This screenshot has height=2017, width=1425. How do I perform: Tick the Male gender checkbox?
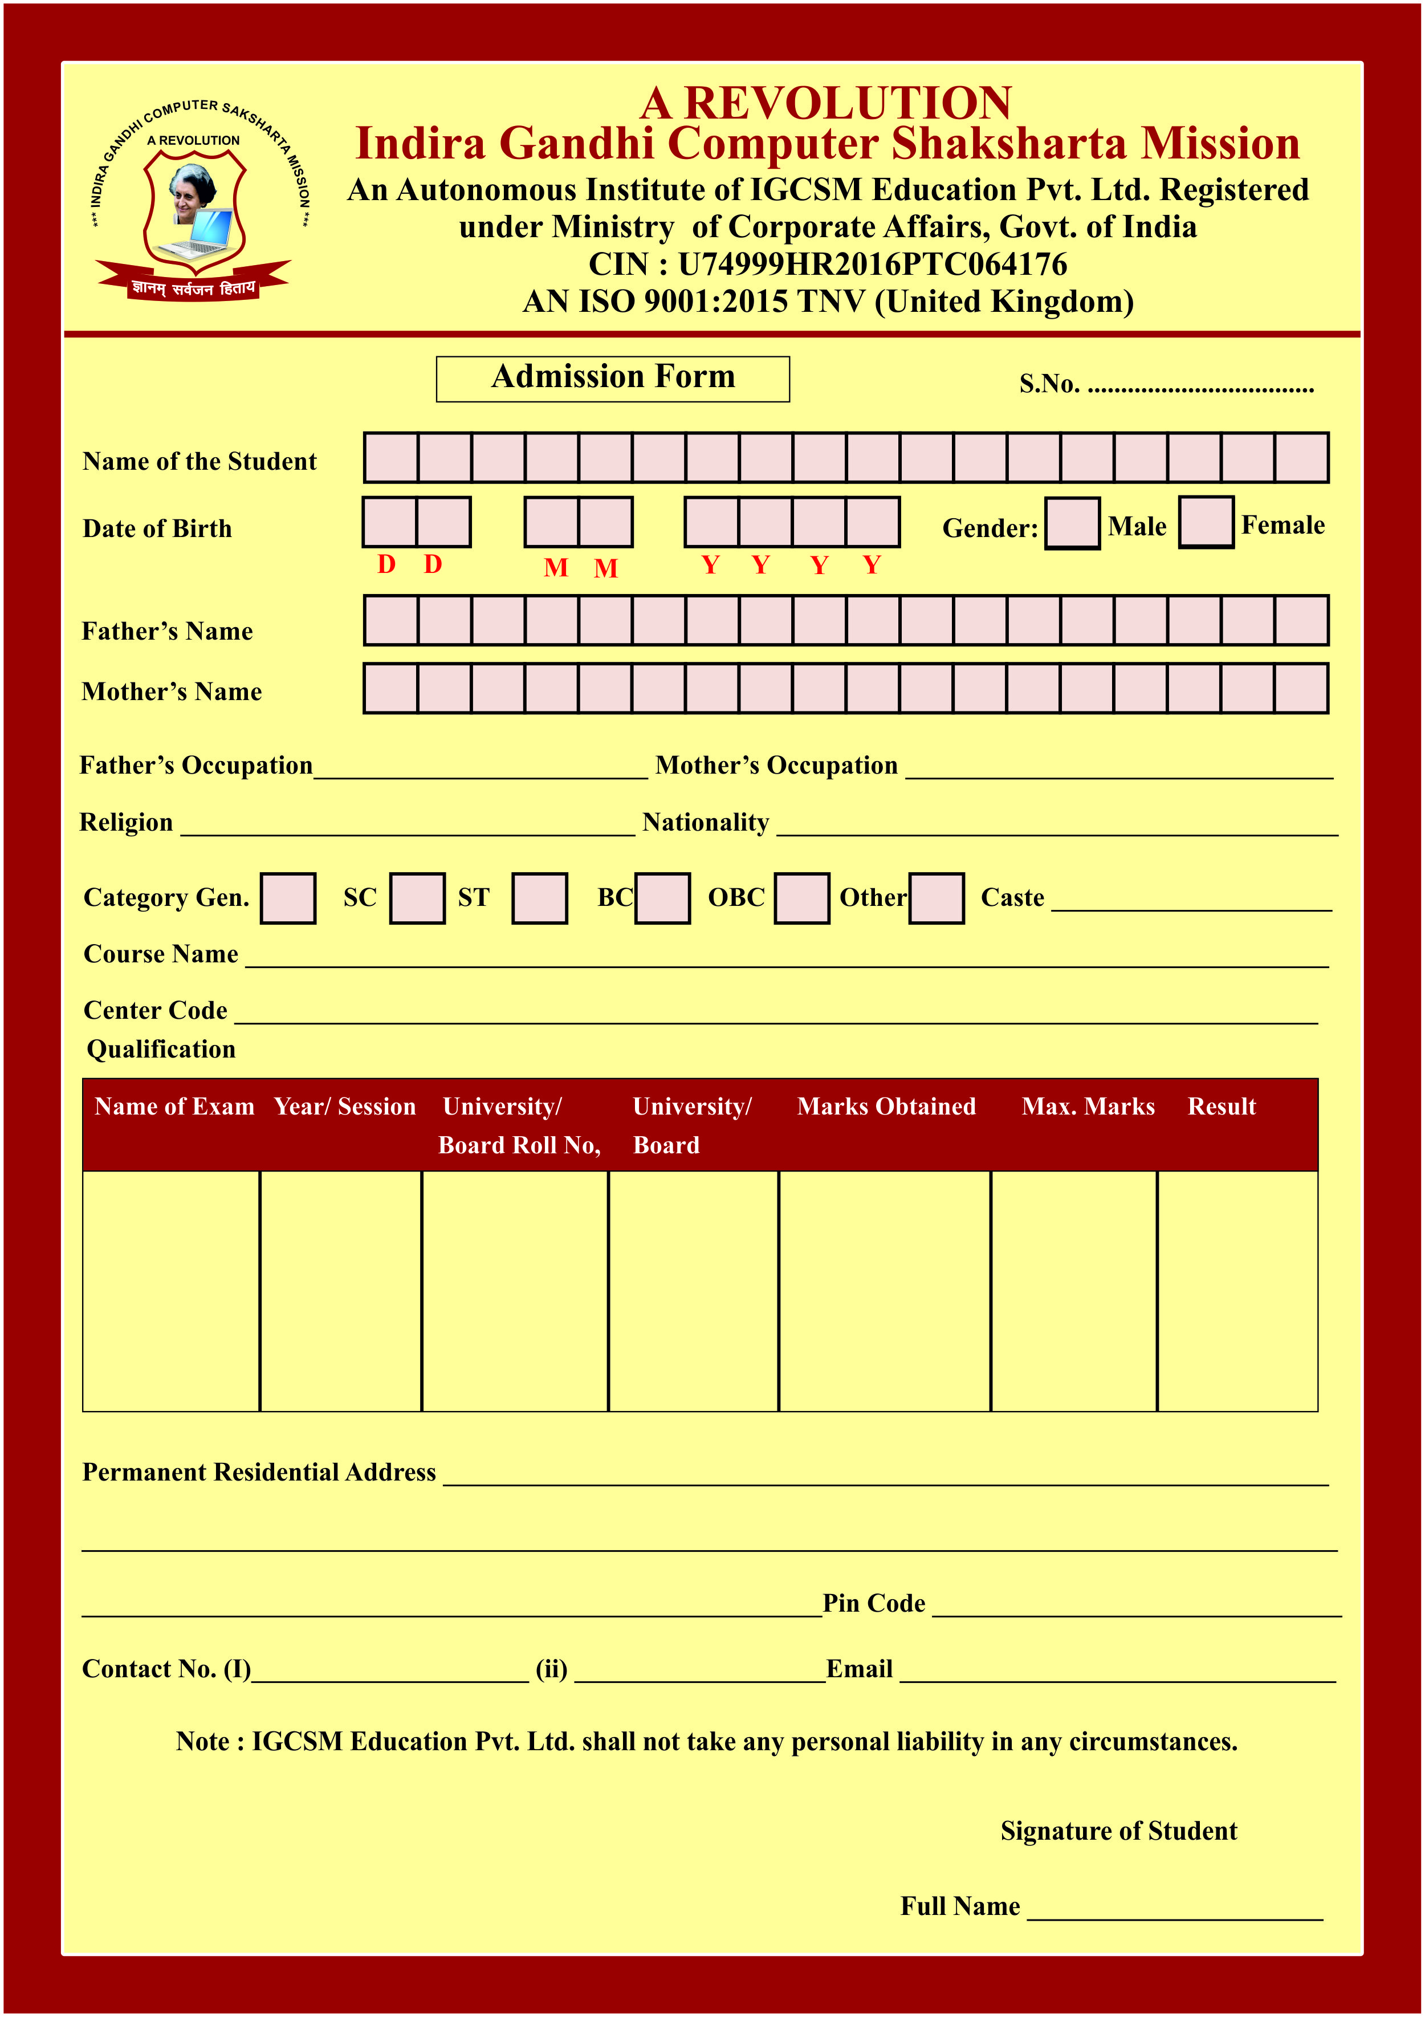pyautogui.click(x=1072, y=523)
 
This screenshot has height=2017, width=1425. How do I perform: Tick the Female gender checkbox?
pyautogui.click(x=1206, y=522)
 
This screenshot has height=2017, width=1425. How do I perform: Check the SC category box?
pyautogui.click(x=417, y=898)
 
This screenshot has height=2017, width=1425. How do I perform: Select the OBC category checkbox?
pyautogui.click(x=801, y=898)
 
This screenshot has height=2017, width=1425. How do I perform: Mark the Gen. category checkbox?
pyautogui.click(x=288, y=898)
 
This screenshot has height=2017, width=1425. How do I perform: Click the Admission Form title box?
pyautogui.click(x=612, y=379)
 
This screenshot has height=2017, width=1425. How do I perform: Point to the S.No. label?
pyautogui.click(x=1049, y=384)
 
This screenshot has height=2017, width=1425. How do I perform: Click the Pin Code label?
pyautogui.click(x=873, y=1603)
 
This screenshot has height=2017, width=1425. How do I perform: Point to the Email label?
pyautogui.click(x=859, y=1669)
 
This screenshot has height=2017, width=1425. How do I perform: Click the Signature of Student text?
pyautogui.click(x=1118, y=1831)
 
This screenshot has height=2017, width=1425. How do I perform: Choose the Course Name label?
pyautogui.click(x=161, y=954)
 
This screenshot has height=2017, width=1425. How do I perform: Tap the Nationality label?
pyautogui.click(x=706, y=822)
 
